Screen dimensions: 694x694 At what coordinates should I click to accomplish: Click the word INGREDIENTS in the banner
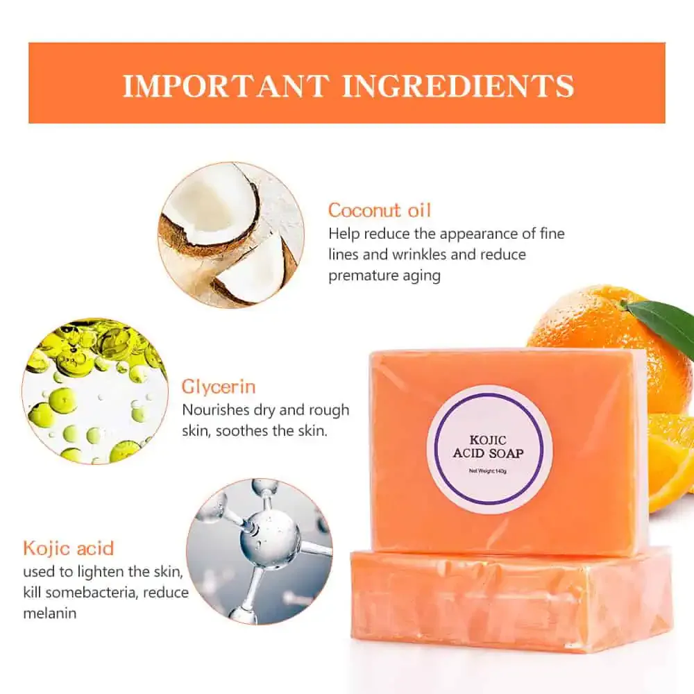(x=458, y=85)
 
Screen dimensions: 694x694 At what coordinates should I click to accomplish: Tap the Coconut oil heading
(x=379, y=210)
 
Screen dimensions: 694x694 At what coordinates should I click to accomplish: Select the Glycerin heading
(x=219, y=387)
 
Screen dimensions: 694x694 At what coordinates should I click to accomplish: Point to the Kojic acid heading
(x=68, y=548)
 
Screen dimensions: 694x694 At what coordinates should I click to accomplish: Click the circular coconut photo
(x=231, y=234)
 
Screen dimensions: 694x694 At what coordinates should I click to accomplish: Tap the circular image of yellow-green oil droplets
(x=95, y=391)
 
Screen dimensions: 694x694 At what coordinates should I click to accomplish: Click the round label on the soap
(x=489, y=445)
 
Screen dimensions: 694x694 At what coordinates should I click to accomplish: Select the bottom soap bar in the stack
(x=510, y=601)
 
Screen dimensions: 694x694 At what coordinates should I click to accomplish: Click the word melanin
(x=50, y=613)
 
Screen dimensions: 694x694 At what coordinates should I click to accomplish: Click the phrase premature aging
(x=384, y=276)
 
